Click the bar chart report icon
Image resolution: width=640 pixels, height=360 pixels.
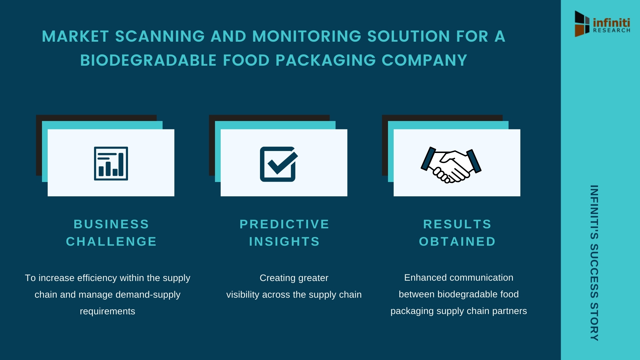click(x=111, y=163)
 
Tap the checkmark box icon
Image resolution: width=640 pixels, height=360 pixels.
click(x=279, y=164)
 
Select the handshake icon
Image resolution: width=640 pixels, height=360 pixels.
click(x=451, y=165)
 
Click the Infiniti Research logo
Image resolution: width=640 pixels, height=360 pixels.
click(x=602, y=24)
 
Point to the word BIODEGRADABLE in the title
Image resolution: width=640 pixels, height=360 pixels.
click(x=149, y=60)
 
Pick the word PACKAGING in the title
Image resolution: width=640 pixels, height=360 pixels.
click(x=326, y=60)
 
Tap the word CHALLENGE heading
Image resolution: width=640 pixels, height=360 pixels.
click(x=111, y=241)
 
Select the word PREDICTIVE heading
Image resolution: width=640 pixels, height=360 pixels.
click(x=284, y=224)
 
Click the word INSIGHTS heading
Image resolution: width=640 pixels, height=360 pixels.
click(x=284, y=241)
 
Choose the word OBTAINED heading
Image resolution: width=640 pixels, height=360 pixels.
click(x=457, y=241)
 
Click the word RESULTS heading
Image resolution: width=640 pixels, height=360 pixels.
click(x=457, y=224)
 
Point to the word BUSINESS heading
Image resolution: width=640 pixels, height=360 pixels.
click(x=111, y=224)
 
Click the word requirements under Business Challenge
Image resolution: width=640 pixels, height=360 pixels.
click(x=107, y=311)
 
